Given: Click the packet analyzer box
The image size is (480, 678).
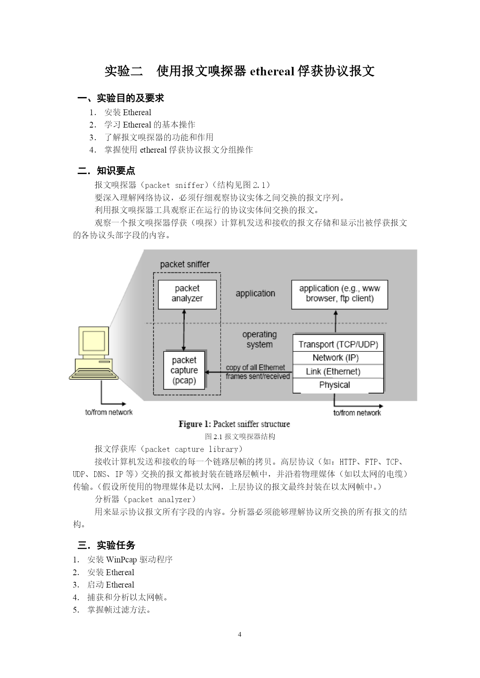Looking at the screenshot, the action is pyautogui.click(x=187, y=295).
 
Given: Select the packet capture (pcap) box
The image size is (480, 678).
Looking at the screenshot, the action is pyautogui.click(x=184, y=370).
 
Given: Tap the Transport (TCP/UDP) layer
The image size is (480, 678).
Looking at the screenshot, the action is pyautogui.click(x=338, y=344).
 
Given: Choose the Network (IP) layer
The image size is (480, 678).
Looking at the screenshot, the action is pyautogui.click(x=338, y=358).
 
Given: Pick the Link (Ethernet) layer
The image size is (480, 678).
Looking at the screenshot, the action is pyautogui.click(x=338, y=371).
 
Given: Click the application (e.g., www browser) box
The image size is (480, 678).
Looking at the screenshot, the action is pyautogui.click(x=340, y=295).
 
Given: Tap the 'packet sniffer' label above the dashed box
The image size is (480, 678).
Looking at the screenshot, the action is pyautogui.click(x=185, y=264).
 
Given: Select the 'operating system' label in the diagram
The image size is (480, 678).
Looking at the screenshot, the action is pyautogui.click(x=260, y=339).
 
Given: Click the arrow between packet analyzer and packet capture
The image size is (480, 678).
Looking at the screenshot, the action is pyautogui.click(x=184, y=330).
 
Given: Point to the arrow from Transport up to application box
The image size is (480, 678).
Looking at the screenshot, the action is pyautogui.click(x=335, y=322).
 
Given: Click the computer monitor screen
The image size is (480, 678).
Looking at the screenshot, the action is pyautogui.click(x=94, y=341).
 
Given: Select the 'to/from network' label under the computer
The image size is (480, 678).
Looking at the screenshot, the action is pyautogui.click(x=109, y=412).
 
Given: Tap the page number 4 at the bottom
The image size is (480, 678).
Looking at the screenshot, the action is pyautogui.click(x=239, y=634).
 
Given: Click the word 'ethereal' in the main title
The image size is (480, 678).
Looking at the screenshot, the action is pyautogui.click(x=272, y=71).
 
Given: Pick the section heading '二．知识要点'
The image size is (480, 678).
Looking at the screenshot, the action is pyautogui.click(x=106, y=171).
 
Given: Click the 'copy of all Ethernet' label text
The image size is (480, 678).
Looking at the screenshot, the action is pyautogui.click(x=255, y=367).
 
